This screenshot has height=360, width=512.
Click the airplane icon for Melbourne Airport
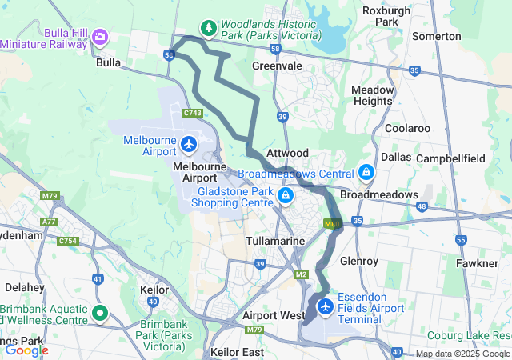click(x=188, y=145)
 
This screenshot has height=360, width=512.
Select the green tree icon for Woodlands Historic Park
click(x=209, y=29)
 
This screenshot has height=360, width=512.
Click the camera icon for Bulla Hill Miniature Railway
click(x=100, y=37)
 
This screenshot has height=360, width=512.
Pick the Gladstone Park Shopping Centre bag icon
click(x=286, y=195)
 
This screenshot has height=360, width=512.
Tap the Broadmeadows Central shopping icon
click(x=366, y=172)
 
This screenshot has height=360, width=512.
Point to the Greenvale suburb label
click(x=277, y=66)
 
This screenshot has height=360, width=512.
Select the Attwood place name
click(x=287, y=152)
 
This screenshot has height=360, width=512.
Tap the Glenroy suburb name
click(x=375, y=261)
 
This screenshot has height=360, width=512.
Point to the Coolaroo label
click(x=407, y=128)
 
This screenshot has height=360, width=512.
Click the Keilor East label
click(x=237, y=352)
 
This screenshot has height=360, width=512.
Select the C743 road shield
click(x=192, y=114)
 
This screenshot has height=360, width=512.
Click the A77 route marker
click(x=50, y=222)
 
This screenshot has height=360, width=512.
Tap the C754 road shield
click(x=69, y=240)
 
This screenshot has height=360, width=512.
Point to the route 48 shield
click(x=422, y=206)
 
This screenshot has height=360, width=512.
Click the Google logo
click(x=26, y=350)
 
